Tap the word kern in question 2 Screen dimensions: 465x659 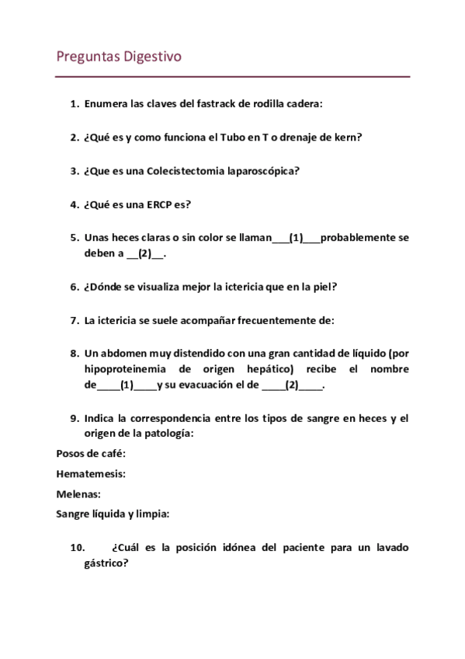pos(347,138)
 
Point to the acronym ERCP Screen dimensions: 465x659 pos(155,205)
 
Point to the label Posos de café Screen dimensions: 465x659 pos(91,453)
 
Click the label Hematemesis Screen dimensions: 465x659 pos(91,473)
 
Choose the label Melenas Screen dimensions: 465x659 pos(78,493)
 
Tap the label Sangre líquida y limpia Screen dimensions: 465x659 pos(113,514)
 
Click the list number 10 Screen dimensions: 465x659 pos(77,548)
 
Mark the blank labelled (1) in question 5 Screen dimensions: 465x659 pos(295,239)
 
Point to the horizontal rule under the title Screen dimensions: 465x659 pos(233,76)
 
